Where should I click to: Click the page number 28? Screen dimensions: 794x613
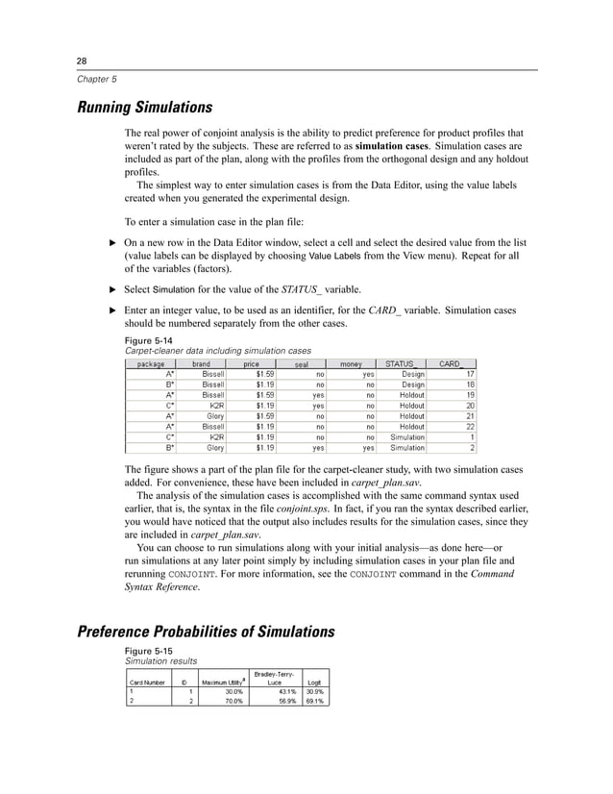coord(83,60)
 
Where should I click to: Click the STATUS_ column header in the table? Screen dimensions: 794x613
coord(401,363)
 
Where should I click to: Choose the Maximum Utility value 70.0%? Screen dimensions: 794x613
coord(231,701)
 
